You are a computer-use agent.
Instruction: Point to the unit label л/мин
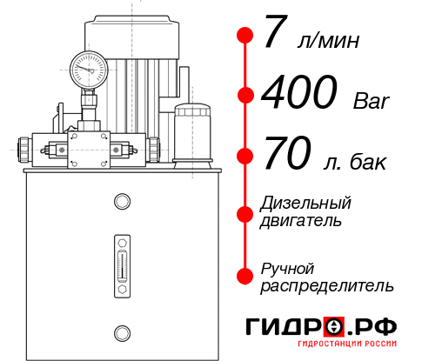(327, 41)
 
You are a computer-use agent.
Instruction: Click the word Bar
(372, 101)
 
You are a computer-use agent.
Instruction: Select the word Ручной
(287, 267)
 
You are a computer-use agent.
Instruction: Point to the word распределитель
(327, 285)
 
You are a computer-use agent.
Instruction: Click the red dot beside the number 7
(245, 36)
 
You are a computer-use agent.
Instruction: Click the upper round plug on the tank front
(122, 203)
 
